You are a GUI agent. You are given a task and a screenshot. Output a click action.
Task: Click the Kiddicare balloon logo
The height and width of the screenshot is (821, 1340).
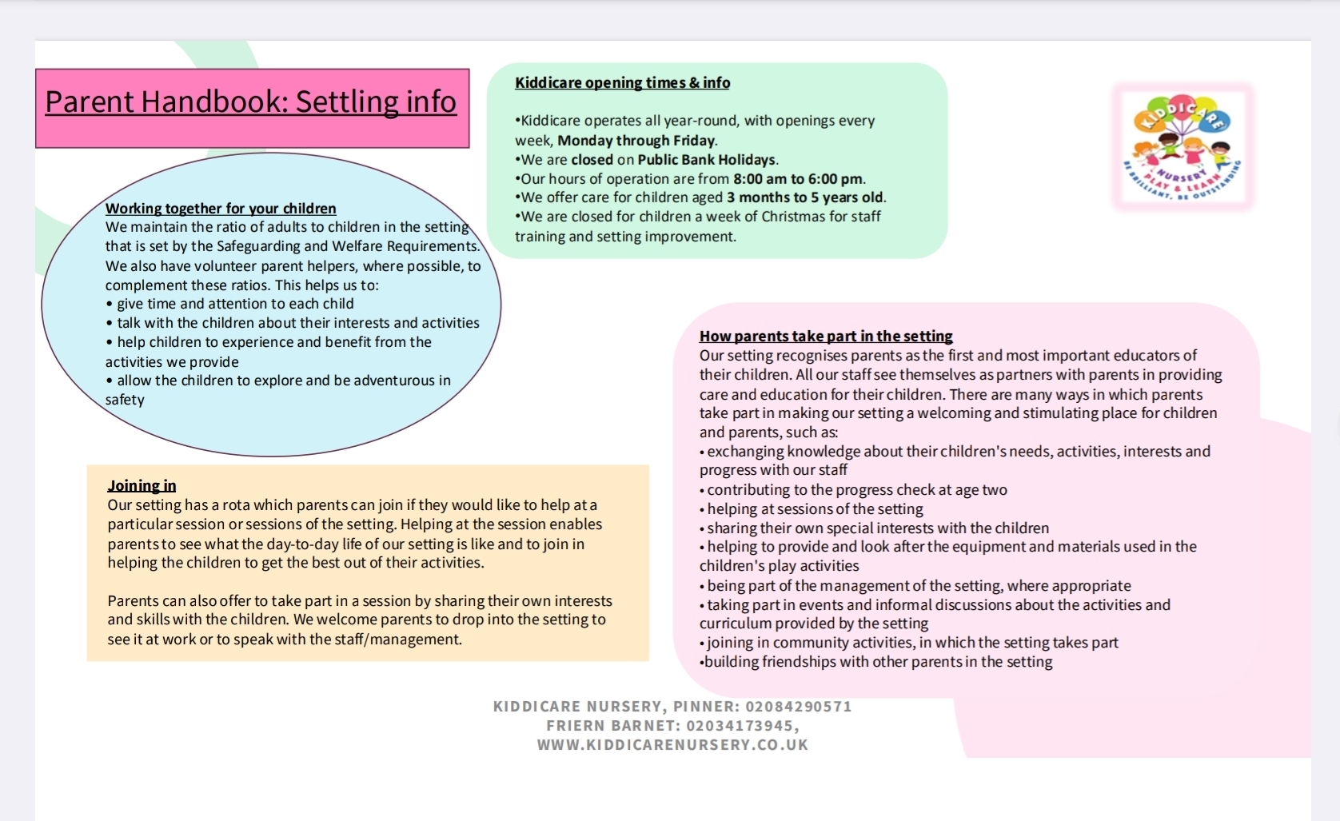(1182, 146)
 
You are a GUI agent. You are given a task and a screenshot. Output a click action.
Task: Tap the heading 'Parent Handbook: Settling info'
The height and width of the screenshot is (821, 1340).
(250, 102)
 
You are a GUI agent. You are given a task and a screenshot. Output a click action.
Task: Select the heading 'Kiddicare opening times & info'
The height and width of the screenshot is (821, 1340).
(622, 82)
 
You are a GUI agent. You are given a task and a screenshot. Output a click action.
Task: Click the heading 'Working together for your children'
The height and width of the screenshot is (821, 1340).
(221, 209)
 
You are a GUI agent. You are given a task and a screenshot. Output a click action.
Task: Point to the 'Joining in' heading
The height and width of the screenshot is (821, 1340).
(142, 486)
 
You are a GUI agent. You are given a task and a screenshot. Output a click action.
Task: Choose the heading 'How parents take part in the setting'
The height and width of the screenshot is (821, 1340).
(826, 337)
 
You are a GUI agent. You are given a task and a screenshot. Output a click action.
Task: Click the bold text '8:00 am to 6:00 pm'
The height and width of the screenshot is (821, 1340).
(798, 179)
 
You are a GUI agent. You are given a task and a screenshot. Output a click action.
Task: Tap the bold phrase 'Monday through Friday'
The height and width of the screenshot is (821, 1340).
(636, 141)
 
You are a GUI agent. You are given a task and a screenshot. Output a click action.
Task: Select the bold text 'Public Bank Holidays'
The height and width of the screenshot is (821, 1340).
(707, 160)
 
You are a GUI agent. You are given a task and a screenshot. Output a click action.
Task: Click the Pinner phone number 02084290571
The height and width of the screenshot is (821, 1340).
(799, 707)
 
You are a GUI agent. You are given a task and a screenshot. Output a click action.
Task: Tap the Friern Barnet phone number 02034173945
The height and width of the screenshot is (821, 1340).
(740, 726)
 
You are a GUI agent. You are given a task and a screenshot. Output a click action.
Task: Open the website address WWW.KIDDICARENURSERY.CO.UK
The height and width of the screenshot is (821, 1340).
(672, 745)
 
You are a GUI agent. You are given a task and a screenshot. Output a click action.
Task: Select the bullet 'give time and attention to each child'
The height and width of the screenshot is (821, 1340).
(235, 304)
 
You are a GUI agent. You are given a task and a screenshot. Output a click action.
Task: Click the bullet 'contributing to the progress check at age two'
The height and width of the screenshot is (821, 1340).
(856, 490)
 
